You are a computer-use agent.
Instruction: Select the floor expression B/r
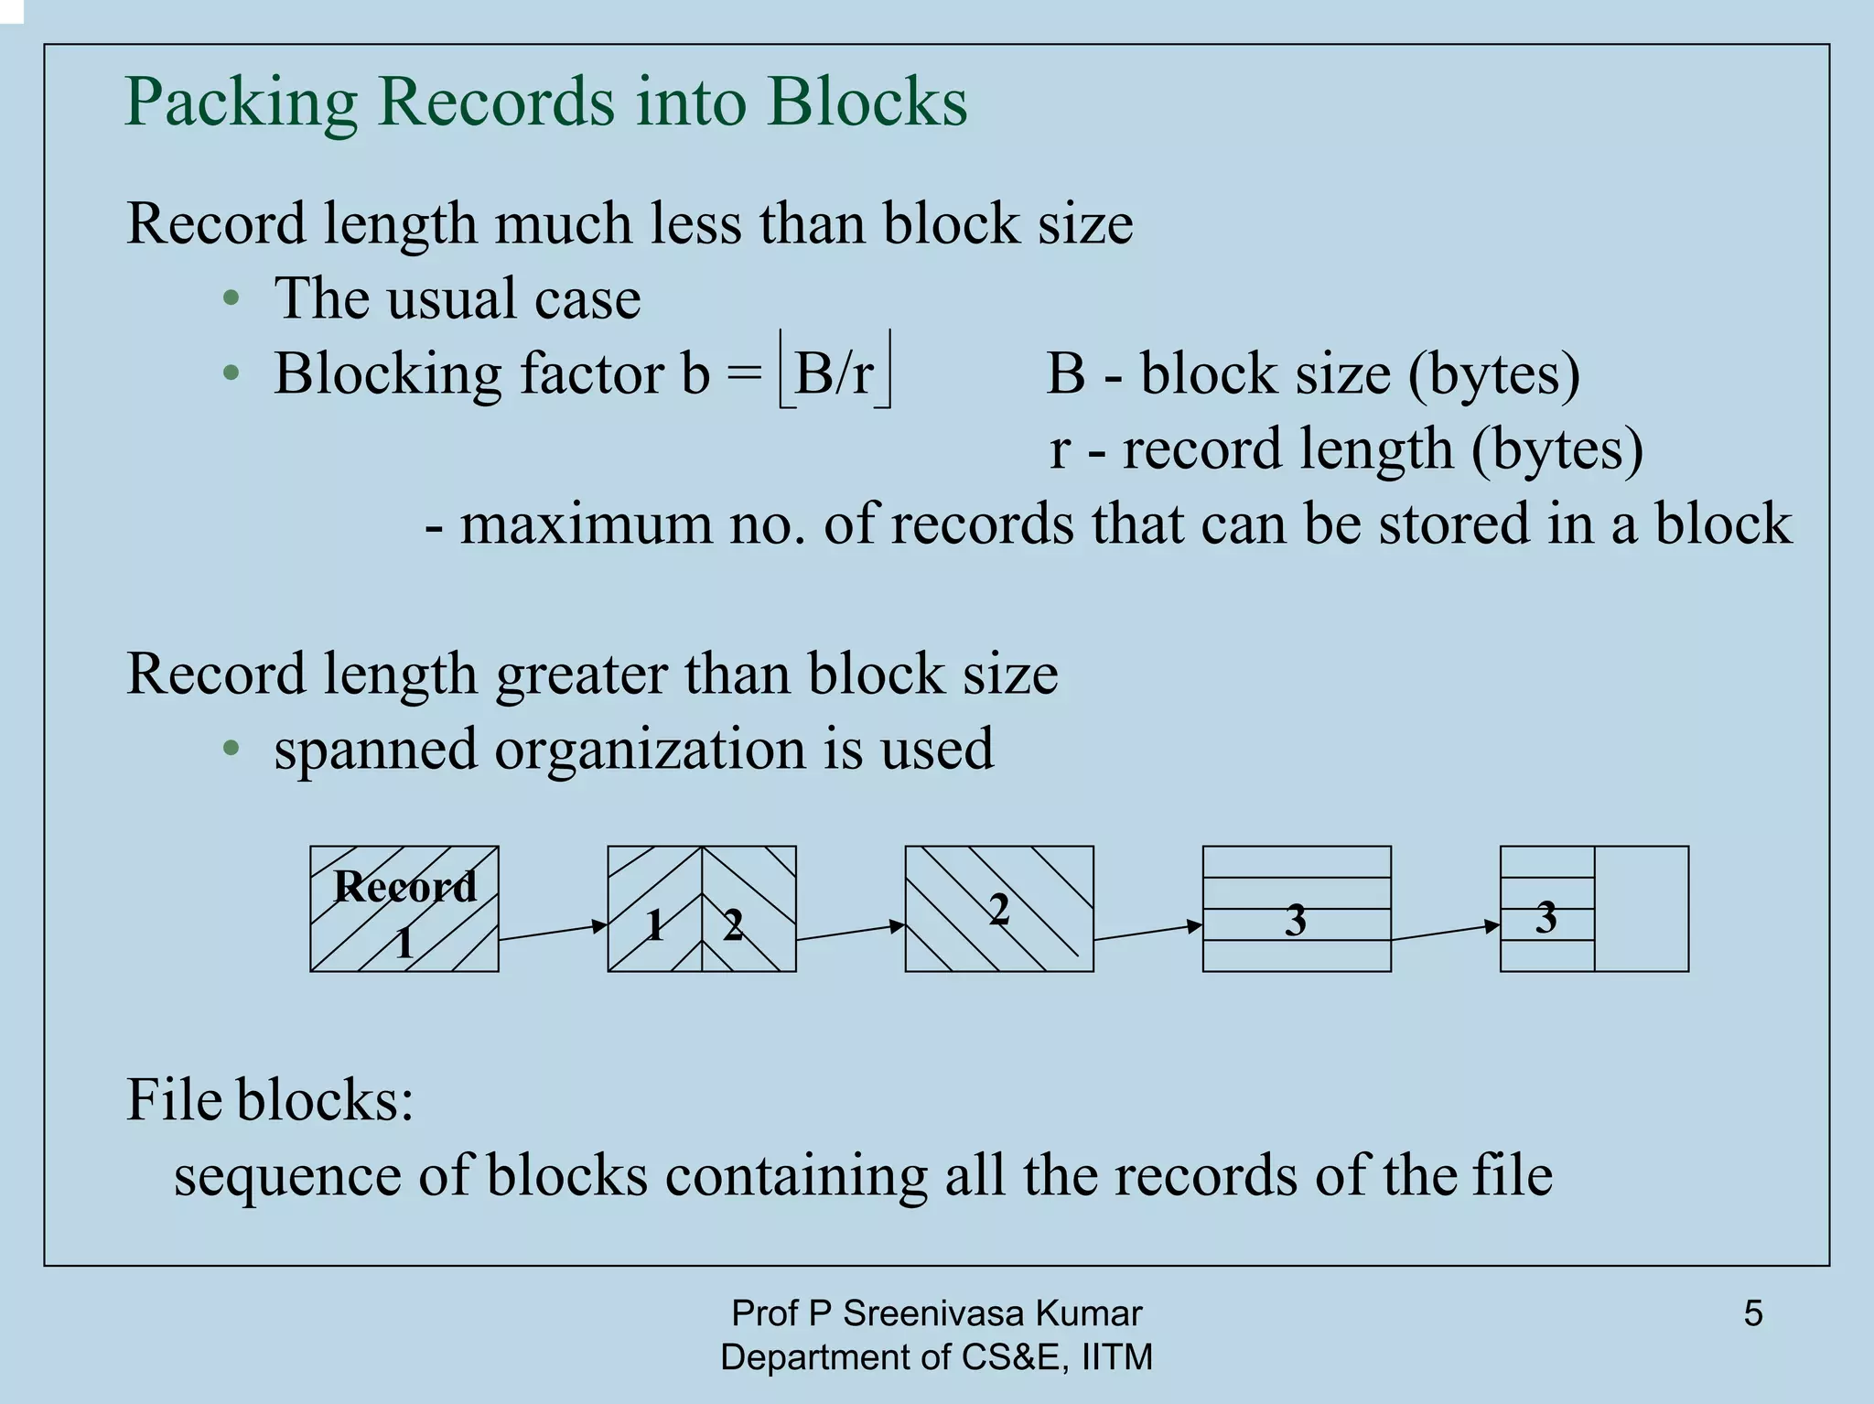pyautogui.click(x=834, y=373)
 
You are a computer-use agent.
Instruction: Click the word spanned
pyautogui.click(x=375, y=749)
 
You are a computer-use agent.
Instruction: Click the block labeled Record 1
pyautogui.click(x=404, y=909)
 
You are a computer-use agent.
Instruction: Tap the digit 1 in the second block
pyautogui.click(x=654, y=927)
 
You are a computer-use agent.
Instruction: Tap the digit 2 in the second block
pyautogui.click(x=733, y=927)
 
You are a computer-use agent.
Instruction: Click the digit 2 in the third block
pyautogui.click(x=999, y=909)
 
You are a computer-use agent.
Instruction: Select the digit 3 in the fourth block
pyautogui.click(x=1296, y=921)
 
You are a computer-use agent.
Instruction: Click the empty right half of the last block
pyautogui.click(x=1642, y=909)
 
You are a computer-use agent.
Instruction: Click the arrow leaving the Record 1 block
pyautogui.click(x=553, y=933)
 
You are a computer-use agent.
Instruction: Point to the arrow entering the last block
pyautogui.click(x=1446, y=933)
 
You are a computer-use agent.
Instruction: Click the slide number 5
pyautogui.click(x=1753, y=1313)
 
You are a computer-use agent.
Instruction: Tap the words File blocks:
pyautogui.click(x=270, y=1099)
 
